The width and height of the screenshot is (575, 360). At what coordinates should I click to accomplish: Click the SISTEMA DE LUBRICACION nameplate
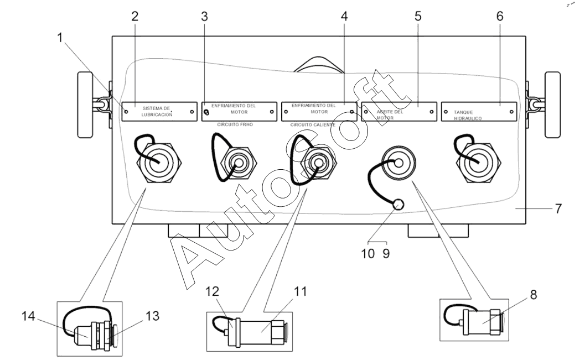159,111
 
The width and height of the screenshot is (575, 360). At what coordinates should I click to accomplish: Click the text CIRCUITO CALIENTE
313,125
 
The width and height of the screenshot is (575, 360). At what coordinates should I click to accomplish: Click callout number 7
558,209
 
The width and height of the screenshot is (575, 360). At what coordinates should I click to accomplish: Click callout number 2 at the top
134,16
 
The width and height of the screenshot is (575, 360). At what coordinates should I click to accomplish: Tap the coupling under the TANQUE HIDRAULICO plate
478,161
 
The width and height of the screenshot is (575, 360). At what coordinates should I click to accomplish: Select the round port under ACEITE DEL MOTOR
398,163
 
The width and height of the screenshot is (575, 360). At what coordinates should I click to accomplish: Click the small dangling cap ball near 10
398,205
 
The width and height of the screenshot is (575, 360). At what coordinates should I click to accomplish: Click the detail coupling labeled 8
482,321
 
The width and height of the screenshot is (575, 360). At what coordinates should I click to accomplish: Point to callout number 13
153,316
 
